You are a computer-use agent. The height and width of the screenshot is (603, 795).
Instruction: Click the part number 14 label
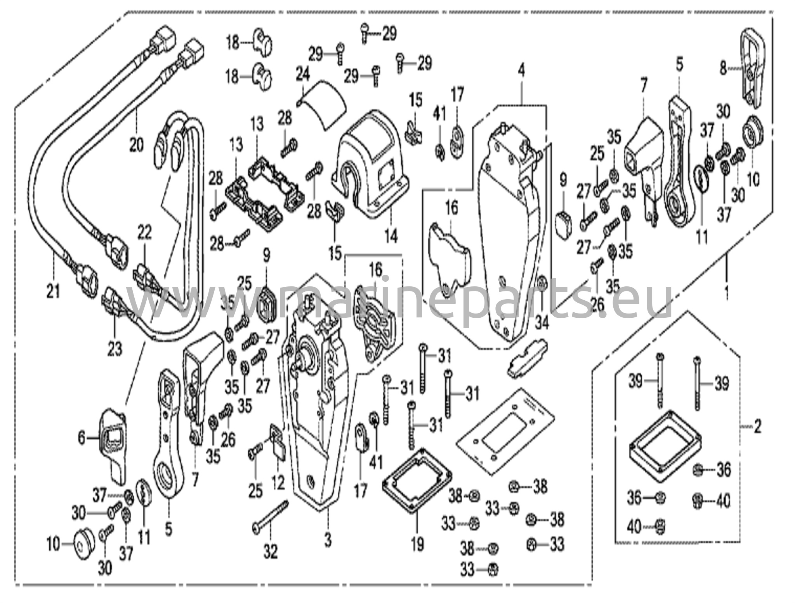click(391, 236)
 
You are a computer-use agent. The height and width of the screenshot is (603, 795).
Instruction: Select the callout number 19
click(417, 544)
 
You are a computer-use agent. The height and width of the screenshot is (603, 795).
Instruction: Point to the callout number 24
click(303, 75)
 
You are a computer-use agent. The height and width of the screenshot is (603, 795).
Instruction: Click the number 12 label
click(278, 482)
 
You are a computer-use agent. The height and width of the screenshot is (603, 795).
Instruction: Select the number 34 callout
click(542, 322)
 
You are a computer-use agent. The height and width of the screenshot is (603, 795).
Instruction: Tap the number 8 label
click(723, 68)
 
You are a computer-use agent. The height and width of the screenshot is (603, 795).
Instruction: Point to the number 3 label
click(328, 540)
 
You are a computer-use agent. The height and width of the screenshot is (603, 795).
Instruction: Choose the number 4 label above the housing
click(521, 71)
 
